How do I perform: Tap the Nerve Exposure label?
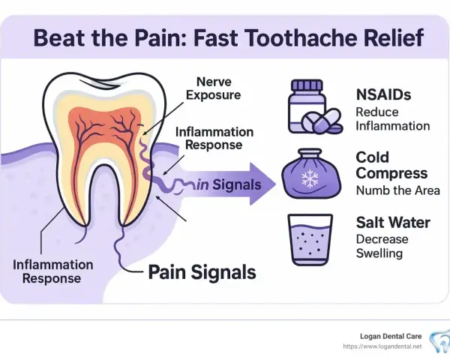coord(214,88)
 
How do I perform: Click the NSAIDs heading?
coord(383,94)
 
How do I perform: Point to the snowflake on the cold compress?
coord(310,178)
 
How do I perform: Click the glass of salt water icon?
coord(310,240)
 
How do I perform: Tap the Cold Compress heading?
coord(391,165)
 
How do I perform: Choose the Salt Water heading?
coord(393,223)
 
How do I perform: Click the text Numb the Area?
coord(397,190)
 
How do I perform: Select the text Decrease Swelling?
coord(382,246)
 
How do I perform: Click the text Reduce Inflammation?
coord(392,118)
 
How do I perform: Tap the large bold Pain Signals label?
coord(202,272)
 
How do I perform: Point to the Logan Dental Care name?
coord(391,336)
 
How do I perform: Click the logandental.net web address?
coord(382,346)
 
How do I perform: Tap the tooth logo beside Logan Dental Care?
coord(439,342)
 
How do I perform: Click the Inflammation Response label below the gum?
coord(52,271)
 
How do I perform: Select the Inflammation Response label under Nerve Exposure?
coord(214,138)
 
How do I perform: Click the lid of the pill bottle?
coord(307,85)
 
